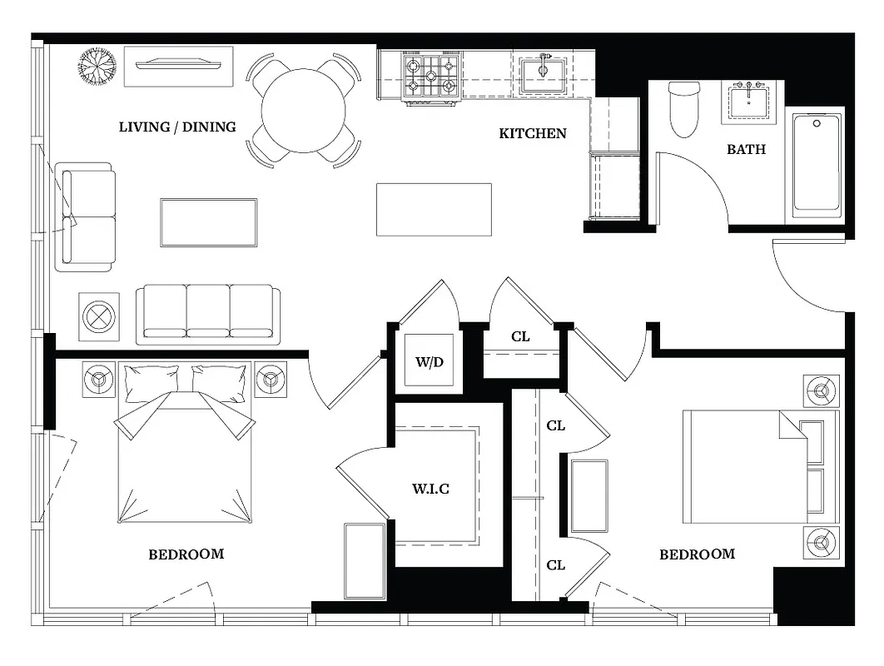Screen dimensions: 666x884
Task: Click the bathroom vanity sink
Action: [x=752, y=101]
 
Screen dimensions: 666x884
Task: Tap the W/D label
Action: [x=430, y=362]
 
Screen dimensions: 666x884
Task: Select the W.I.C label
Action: [x=430, y=489]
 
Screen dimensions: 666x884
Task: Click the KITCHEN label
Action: [x=533, y=133]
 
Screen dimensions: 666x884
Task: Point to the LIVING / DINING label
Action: [x=177, y=127]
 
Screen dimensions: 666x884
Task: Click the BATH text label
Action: [x=746, y=150]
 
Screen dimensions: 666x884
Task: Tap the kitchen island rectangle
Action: [x=434, y=210]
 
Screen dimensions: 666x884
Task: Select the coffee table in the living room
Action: [x=209, y=222]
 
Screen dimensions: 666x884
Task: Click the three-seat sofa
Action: [x=208, y=314]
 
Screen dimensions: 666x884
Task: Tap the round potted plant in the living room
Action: [x=98, y=66]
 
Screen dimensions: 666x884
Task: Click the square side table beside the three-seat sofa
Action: [x=99, y=317]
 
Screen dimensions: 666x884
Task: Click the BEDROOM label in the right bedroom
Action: [x=697, y=554]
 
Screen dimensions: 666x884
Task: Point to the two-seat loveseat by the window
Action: [x=85, y=217]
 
